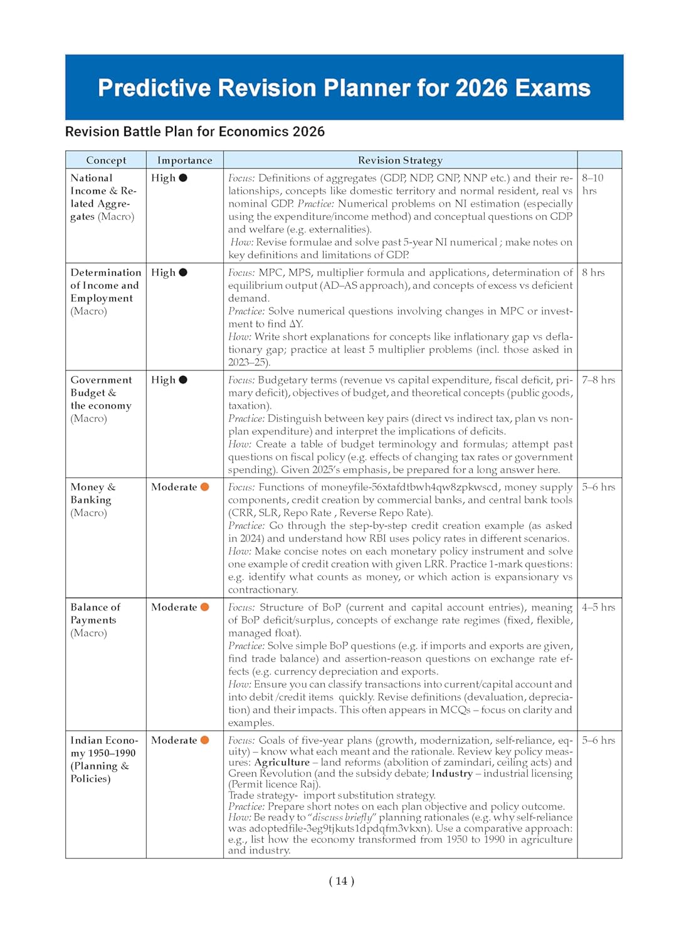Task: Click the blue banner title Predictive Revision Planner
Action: click(x=344, y=88)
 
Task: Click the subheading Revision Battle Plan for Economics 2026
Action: click(x=195, y=132)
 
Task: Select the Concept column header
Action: click(x=106, y=160)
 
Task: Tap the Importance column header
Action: click(x=184, y=160)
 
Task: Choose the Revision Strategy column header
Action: click(x=400, y=160)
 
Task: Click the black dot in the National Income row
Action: click(x=183, y=178)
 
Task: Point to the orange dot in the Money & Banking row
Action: click(x=204, y=487)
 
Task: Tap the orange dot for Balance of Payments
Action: click(x=204, y=607)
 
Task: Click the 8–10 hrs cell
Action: click(x=592, y=184)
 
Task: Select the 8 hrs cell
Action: click(x=593, y=273)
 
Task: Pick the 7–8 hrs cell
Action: click(x=598, y=380)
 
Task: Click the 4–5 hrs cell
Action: click(x=598, y=607)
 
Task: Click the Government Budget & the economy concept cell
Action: click(x=102, y=399)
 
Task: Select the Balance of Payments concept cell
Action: click(x=95, y=620)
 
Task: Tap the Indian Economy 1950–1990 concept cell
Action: click(x=103, y=759)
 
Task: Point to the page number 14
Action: click(x=342, y=881)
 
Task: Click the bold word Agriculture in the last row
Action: click(x=281, y=763)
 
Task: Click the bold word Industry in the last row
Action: click(x=451, y=773)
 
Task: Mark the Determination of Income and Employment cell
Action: click(x=105, y=291)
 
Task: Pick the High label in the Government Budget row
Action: click(x=163, y=380)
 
